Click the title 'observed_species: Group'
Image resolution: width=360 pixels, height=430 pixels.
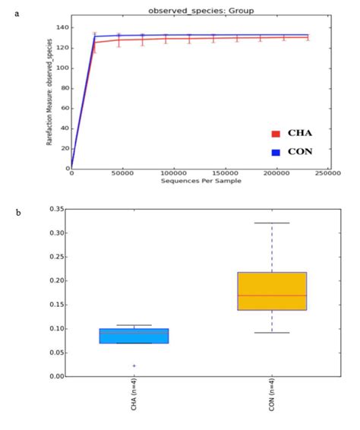click(201, 10)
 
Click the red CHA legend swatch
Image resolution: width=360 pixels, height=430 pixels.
click(276, 134)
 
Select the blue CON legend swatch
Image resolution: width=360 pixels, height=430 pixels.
click(276, 152)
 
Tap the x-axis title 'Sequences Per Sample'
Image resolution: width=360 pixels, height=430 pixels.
click(196, 181)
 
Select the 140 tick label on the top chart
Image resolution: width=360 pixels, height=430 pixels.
click(62, 28)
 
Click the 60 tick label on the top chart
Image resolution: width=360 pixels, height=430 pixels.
click(64, 108)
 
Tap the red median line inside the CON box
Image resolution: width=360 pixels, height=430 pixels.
click(272, 296)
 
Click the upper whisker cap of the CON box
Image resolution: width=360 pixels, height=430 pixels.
click(272, 223)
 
